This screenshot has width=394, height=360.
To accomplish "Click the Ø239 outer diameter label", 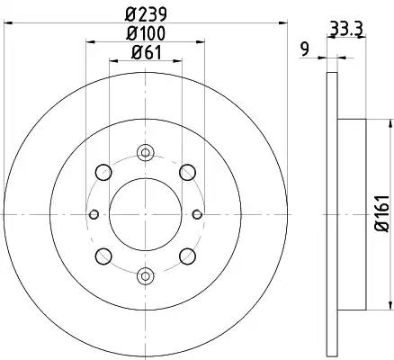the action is pyautogui.click(x=146, y=14).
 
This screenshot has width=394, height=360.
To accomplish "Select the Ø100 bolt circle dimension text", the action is pyautogui.click(x=146, y=33).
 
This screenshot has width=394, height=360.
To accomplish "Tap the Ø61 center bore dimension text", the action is pyautogui.click(x=147, y=53).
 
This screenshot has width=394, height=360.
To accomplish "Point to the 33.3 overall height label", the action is pyautogui.click(x=346, y=30).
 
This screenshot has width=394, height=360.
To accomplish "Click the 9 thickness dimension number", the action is pyautogui.click(x=305, y=49).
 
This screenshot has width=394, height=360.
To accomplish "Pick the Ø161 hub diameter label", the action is pyautogui.click(x=382, y=212).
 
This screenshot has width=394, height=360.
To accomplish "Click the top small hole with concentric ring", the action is pyautogui.click(x=146, y=153).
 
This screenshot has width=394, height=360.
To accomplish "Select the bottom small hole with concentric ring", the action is pyautogui.click(x=146, y=275).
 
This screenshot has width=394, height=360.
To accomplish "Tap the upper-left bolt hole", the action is pyautogui.click(x=103, y=173).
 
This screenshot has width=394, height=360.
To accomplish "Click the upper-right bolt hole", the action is pyautogui.click(x=188, y=173).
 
